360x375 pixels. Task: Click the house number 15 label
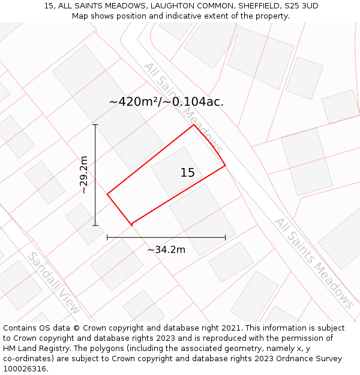[188, 173]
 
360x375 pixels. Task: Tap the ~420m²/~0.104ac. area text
[166, 102]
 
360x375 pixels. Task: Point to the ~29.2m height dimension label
[84, 175]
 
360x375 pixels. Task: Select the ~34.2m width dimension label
[166, 250]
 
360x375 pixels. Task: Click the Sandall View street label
[54, 283]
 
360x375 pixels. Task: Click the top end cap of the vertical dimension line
[95, 125]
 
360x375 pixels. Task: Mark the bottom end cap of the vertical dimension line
[95, 226]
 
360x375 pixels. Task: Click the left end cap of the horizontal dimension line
[107, 238]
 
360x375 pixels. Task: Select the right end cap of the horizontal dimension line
[226, 238]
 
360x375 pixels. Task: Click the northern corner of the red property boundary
[193, 125]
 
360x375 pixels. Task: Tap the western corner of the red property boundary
[107, 194]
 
